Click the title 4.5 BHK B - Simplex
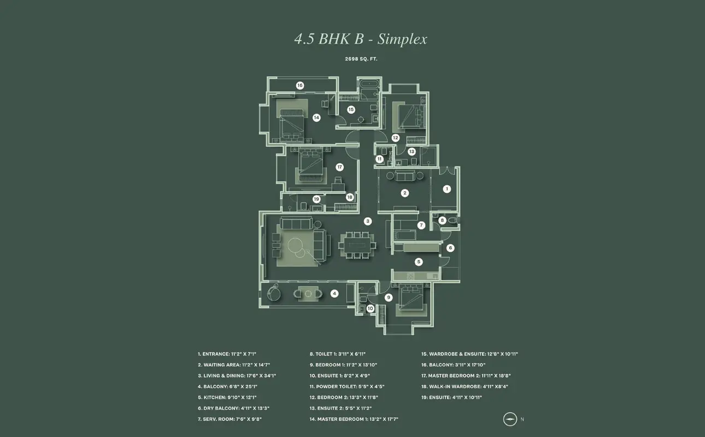point(361,39)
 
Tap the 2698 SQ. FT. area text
point(361,59)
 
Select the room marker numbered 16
point(300,85)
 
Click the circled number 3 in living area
point(368,221)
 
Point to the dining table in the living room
point(357,245)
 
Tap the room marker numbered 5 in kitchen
point(419,262)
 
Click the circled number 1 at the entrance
point(447,189)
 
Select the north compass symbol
point(510,419)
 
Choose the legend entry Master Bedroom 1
point(354,419)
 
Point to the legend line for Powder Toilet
point(347,386)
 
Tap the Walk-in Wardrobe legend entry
point(465,386)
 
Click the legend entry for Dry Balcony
point(233,408)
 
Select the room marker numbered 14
point(316,117)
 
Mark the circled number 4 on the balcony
point(334,293)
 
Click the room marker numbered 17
point(339,167)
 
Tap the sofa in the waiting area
point(405,175)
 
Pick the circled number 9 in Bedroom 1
point(389,297)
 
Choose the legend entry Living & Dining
point(237,376)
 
